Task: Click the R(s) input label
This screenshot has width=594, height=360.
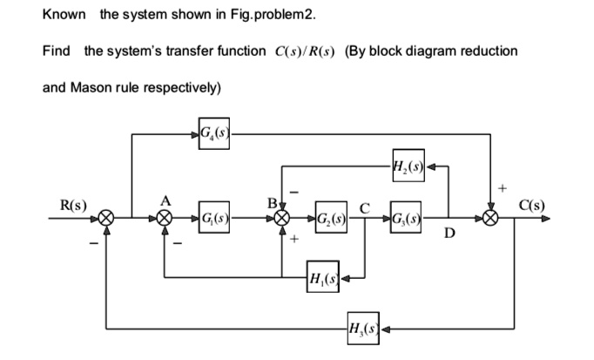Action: [71, 206]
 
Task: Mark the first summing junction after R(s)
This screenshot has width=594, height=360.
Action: [107, 217]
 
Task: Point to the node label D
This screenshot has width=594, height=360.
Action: [453, 234]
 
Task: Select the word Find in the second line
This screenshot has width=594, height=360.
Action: [56, 51]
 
